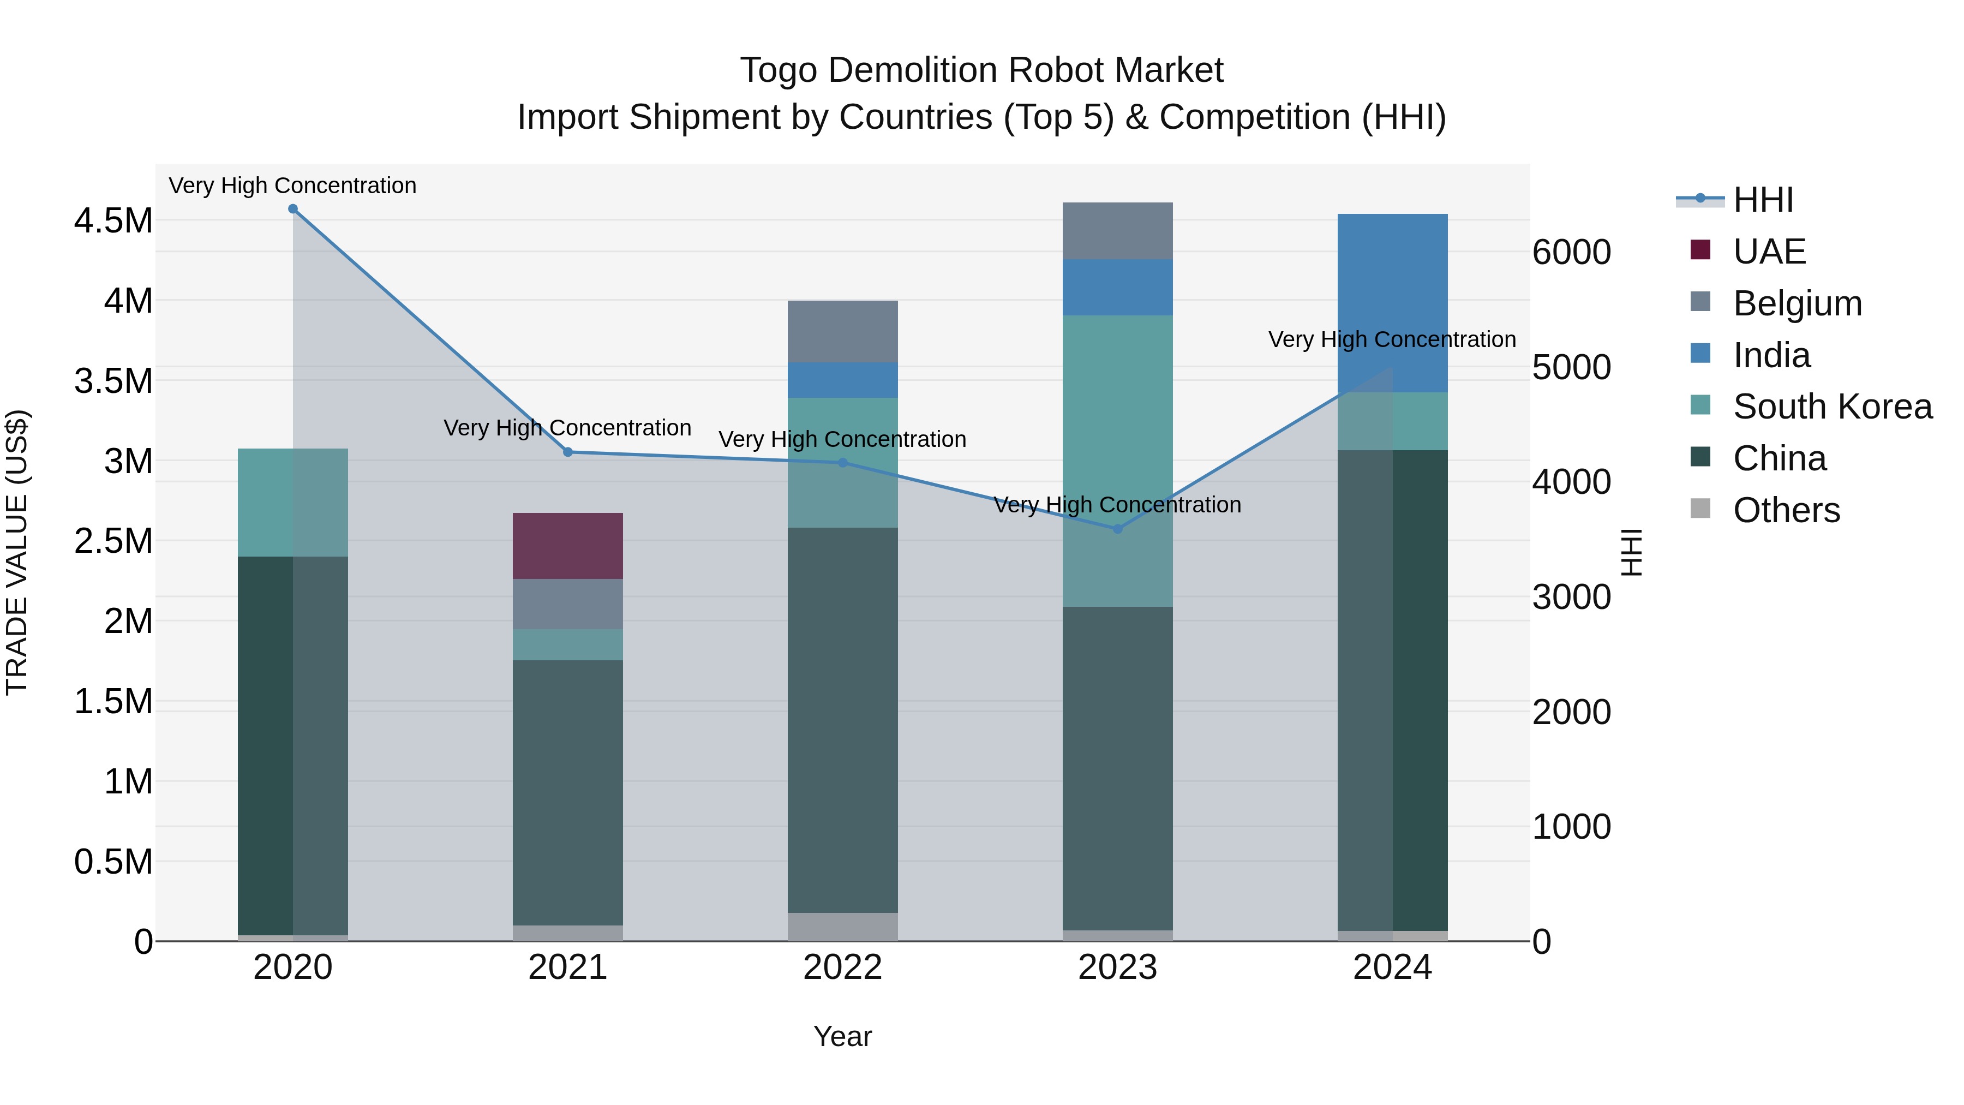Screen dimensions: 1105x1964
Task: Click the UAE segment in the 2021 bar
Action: pyautogui.click(x=567, y=546)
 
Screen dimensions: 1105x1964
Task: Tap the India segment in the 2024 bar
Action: pyautogui.click(x=1392, y=303)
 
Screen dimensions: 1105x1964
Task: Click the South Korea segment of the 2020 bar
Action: pyautogui.click(x=293, y=503)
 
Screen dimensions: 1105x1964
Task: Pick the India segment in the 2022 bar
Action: pyautogui.click(x=842, y=380)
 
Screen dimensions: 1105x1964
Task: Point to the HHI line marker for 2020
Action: pyautogui.click(x=293, y=209)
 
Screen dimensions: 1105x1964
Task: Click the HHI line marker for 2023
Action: pyautogui.click(x=1118, y=528)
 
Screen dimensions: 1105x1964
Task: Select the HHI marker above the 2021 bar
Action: pyautogui.click(x=567, y=452)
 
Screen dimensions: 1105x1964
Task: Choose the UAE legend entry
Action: pyautogui.click(x=1769, y=252)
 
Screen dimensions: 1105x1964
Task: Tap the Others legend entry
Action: pyautogui.click(x=1786, y=510)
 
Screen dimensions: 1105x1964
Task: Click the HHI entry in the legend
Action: pyautogui.click(x=1763, y=200)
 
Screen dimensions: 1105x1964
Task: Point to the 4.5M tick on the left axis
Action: pyautogui.click(x=113, y=221)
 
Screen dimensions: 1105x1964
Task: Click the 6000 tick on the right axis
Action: pyautogui.click(x=1572, y=253)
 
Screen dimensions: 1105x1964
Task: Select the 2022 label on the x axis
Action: pyautogui.click(x=842, y=967)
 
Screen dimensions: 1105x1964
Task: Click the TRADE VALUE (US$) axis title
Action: pyautogui.click(x=17, y=552)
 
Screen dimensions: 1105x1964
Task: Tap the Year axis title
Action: pyautogui.click(x=842, y=1036)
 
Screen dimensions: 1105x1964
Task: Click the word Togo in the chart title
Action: pyautogui.click(x=777, y=70)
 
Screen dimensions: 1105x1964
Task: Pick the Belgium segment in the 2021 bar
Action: pyautogui.click(x=567, y=604)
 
